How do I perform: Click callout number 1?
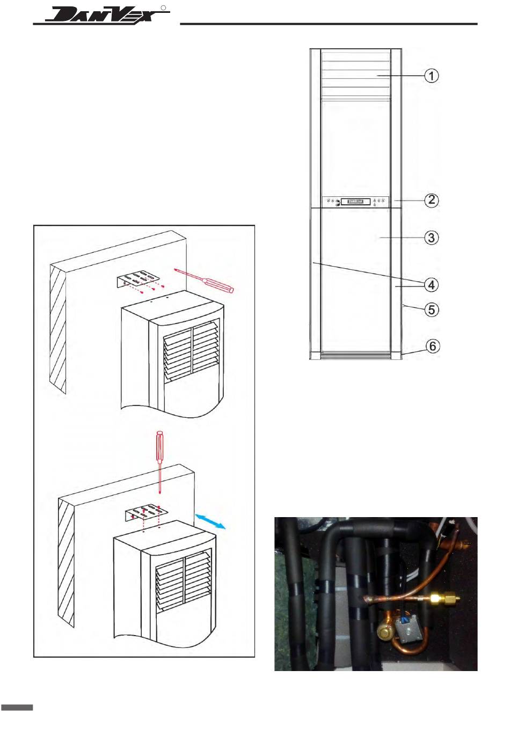point(431,76)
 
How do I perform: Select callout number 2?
point(431,200)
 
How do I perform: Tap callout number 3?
point(431,237)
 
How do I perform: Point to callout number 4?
point(431,284)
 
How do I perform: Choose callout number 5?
point(431,310)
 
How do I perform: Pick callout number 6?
point(432,346)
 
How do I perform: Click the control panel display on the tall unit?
point(355,202)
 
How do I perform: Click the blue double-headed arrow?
point(211,521)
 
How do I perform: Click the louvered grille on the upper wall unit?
point(191,351)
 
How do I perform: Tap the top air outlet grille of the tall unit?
point(355,75)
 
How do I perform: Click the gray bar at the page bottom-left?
point(17,708)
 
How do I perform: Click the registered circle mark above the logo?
point(164,8)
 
